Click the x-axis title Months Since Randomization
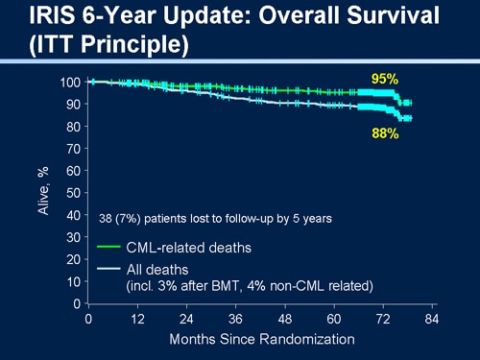point(261,339)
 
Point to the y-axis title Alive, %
point(43,193)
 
